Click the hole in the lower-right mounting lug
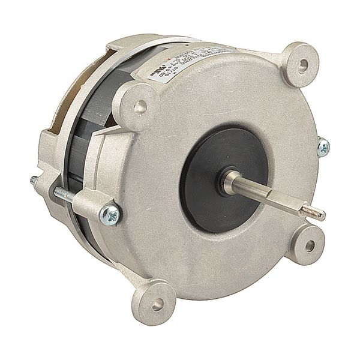tap(310, 245)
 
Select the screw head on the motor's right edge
tap(323, 146)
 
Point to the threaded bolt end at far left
tap(34, 179)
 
